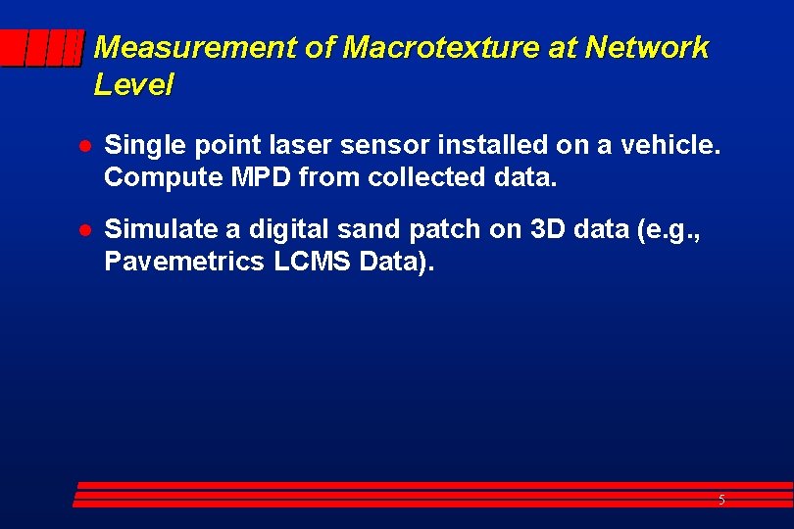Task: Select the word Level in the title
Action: [133, 85]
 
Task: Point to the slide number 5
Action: [721, 501]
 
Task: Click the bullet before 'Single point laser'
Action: [85, 147]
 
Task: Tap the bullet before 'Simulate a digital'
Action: [85, 230]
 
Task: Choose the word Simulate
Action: [159, 229]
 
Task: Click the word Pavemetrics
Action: [181, 262]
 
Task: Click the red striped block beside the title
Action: [41, 48]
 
